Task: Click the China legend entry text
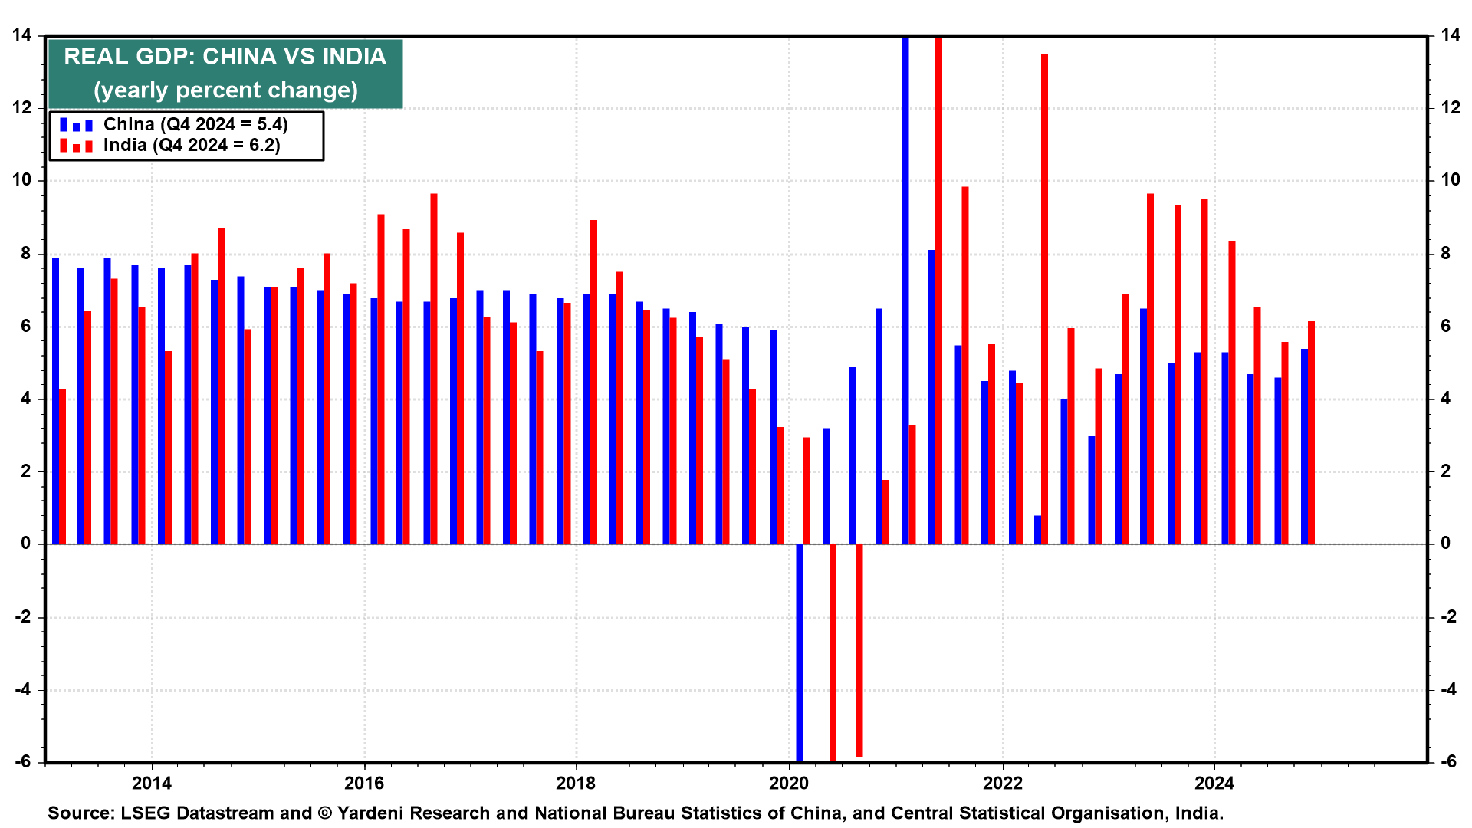(195, 125)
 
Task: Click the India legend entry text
(192, 146)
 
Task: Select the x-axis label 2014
(152, 784)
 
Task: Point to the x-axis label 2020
(789, 784)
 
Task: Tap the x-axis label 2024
(1214, 784)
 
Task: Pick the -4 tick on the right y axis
(1448, 690)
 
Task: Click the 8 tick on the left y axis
(27, 254)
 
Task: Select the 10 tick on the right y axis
(1451, 181)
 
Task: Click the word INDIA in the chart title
(354, 57)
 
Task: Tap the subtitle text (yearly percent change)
(225, 90)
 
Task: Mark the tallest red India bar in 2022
(1044, 299)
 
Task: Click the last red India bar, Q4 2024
(1311, 432)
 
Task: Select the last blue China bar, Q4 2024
(1304, 446)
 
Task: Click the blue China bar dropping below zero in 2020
(800, 652)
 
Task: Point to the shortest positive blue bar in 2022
(1038, 530)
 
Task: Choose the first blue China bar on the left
(56, 401)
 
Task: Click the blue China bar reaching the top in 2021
(905, 291)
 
